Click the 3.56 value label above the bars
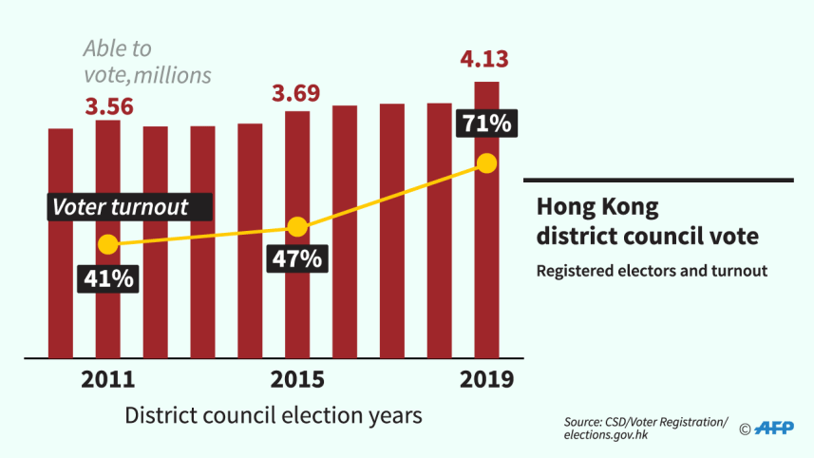pos(109,106)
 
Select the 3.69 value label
pos(296,95)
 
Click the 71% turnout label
pos(485,124)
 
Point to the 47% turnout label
pos(297,258)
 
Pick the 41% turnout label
pos(107,278)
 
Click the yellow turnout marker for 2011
pos(108,244)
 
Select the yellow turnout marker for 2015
pos(297,227)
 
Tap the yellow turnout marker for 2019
pos(486,163)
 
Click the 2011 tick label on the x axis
pos(107,380)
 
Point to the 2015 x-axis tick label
pos(297,380)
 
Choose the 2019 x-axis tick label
pos(486,380)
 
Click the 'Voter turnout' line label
pos(120,207)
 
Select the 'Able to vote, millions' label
pos(146,61)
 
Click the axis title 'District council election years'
pos(274,416)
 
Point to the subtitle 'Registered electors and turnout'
pos(652,271)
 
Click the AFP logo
pos(773,428)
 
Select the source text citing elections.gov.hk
pos(645,428)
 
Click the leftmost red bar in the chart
pos(61,242)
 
